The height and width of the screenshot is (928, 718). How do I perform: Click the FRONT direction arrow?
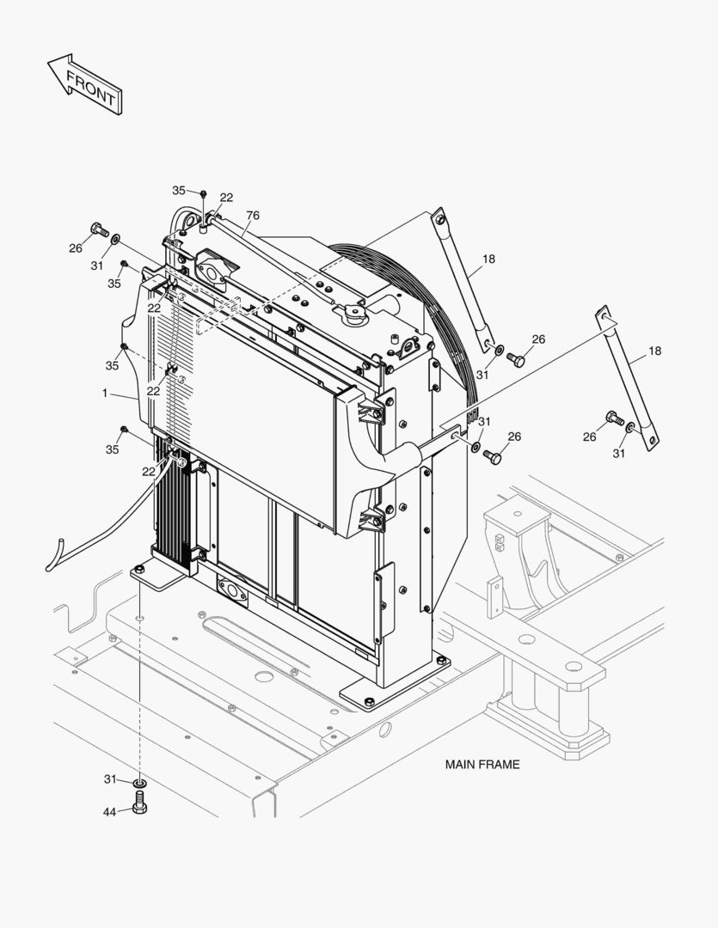click(x=85, y=84)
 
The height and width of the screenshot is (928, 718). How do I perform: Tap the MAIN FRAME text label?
click(x=482, y=764)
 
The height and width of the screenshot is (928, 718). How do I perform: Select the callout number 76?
click(x=252, y=216)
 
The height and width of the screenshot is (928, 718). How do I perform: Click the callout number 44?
click(x=110, y=811)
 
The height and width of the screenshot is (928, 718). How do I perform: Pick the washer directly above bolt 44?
click(x=140, y=783)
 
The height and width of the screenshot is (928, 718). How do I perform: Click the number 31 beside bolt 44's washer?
click(x=110, y=779)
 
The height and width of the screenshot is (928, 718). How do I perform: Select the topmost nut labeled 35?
click(x=204, y=193)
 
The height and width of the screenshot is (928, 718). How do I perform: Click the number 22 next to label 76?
click(x=226, y=198)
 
